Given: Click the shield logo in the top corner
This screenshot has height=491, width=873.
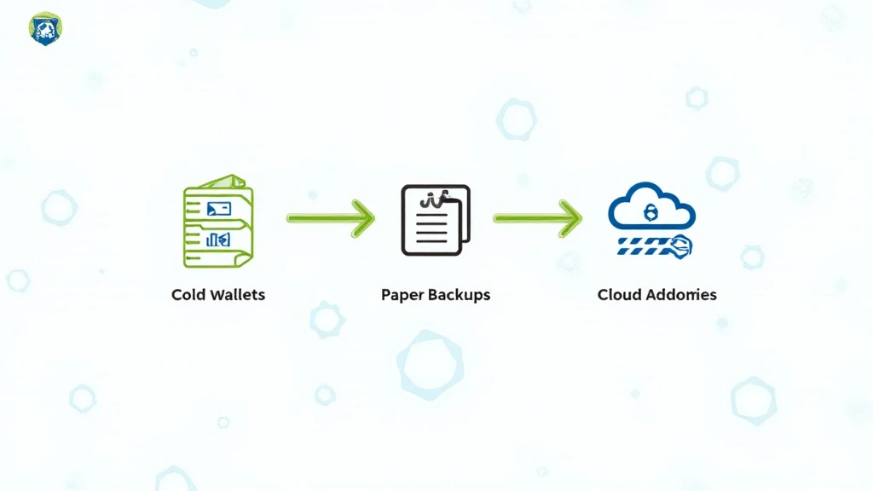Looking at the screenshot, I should tap(42, 28).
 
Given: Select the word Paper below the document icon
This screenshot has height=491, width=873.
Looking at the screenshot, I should tap(402, 295).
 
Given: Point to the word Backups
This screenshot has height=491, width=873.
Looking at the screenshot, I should tap(458, 295).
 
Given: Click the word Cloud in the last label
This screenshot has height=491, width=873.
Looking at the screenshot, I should tap(619, 295).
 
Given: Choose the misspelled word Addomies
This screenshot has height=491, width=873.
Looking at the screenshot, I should tap(680, 295).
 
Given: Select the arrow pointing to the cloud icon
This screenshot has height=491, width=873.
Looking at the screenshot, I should tap(537, 218).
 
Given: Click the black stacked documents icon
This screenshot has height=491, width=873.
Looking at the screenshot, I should tap(436, 220).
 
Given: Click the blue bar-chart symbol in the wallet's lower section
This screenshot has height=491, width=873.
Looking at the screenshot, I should tap(218, 240).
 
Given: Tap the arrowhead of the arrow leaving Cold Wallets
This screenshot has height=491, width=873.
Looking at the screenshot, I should tap(364, 218).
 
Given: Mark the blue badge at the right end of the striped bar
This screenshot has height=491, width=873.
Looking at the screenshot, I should tap(681, 246).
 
